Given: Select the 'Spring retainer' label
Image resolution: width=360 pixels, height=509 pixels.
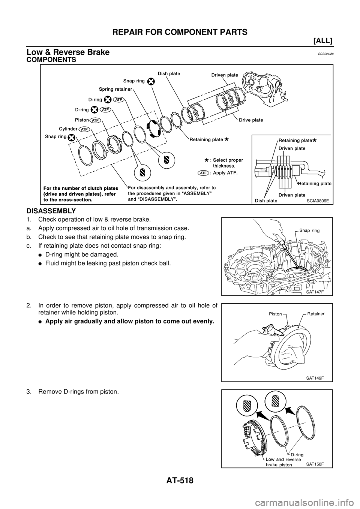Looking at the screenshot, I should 116,90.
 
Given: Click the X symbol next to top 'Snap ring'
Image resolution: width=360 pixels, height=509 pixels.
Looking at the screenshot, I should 151,81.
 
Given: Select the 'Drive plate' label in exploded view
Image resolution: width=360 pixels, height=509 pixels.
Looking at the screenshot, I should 250,120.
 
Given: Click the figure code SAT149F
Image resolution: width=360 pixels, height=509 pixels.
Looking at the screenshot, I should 314,378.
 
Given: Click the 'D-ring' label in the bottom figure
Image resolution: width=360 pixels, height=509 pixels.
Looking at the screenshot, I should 295,455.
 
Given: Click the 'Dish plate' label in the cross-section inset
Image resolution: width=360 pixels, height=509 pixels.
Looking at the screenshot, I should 266,201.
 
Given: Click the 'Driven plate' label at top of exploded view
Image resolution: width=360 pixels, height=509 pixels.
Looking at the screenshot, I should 224,75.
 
